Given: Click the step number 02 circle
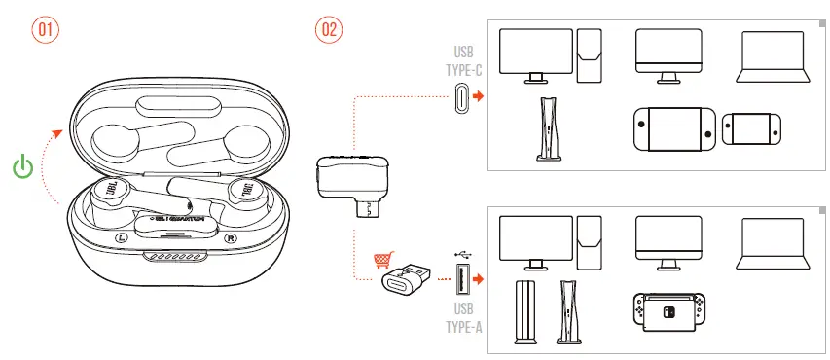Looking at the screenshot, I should [x=328, y=29].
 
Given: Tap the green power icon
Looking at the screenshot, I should [x=23, y=166].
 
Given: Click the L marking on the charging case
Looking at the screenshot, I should [x=120, y=237].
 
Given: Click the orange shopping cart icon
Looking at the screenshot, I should [x=383, y=260].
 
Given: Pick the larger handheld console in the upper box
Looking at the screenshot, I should [x=676, y=128].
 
